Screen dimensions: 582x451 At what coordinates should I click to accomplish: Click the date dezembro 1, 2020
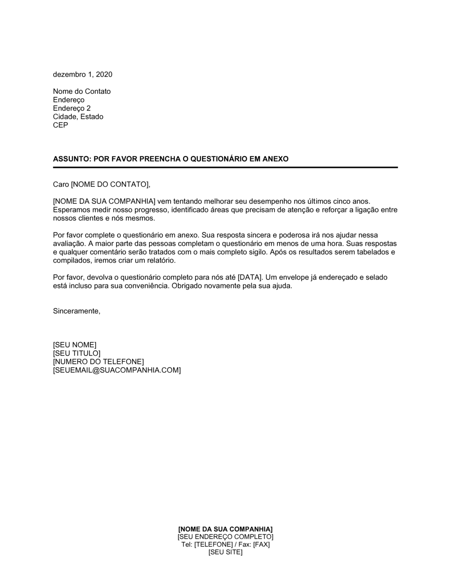[x=83, y=74]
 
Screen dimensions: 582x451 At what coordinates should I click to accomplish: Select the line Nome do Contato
[x=82, y=92]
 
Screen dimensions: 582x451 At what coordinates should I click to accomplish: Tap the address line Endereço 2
[x=72, y=108]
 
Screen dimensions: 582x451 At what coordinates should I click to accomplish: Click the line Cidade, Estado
[x=78, y=117]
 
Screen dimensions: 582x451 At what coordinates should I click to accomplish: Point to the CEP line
[x=60, y=125]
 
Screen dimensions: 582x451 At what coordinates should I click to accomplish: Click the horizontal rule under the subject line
[x=225, y=167]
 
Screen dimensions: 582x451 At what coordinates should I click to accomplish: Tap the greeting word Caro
[x=61, y=184]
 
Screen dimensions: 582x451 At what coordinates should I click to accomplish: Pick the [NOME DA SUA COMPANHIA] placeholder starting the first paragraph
[x=104, y=201]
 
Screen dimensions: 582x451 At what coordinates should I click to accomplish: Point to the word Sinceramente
[x=77, y=311]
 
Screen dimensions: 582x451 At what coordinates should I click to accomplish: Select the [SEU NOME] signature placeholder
[x=74, y=345]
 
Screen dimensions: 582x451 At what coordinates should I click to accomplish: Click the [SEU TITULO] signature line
[x=77, y=353]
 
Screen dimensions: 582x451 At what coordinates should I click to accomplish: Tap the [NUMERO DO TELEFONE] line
[x=98, y=362]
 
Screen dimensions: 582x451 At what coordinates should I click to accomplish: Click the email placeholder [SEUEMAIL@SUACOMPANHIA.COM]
[x=117, y=370]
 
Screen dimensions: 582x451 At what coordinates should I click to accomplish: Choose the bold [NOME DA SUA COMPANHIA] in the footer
[x=225, y=529]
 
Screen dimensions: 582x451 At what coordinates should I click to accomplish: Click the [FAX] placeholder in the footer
[x=261, y=545]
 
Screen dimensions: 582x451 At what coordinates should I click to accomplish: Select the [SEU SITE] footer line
[x=225, y=552]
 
